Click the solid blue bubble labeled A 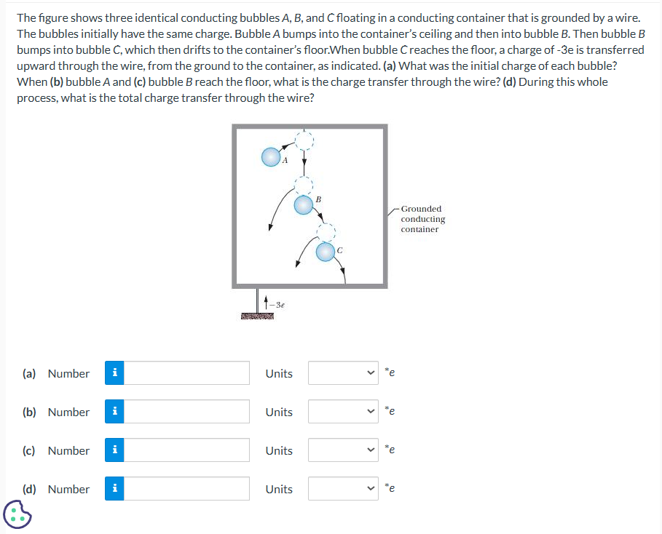[270, 156]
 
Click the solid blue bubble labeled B [303, 206]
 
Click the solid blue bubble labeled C [326, 252]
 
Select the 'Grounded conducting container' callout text [422, 219]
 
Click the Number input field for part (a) [192, 373]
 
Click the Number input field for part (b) [192, 412]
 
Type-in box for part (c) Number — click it [192, 450]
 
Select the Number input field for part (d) [192, 489]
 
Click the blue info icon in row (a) [114, 373]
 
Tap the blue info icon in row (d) [114, 489]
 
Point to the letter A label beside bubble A [285, 161]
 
